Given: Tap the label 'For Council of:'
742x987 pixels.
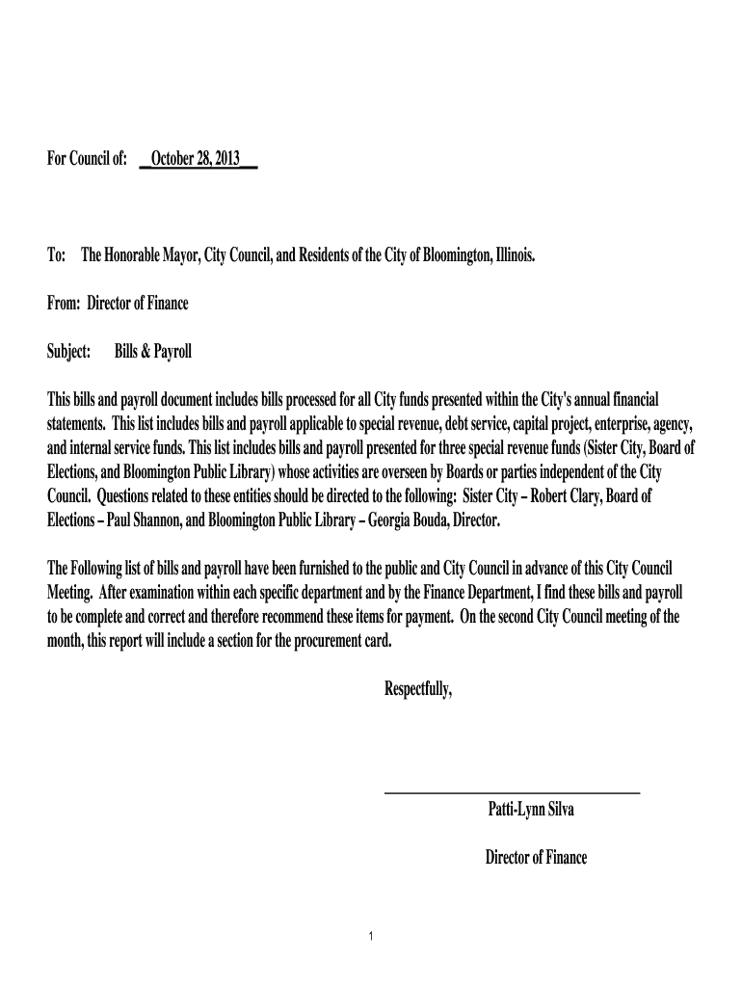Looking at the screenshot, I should [x=88, y=158].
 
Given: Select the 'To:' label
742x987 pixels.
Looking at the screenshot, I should [x=56, y=256].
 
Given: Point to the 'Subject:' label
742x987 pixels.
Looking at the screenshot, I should [x=69, y=352].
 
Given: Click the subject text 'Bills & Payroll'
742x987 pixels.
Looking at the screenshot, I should [x=153, y=352].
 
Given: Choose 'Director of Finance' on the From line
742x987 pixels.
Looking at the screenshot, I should [x=138, y=304].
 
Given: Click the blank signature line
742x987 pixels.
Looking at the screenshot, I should [x=512, y=792].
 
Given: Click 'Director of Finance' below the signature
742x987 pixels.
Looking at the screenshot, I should [x=536, y=857].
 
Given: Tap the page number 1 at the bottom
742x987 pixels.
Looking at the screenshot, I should [x=371, y=937].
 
